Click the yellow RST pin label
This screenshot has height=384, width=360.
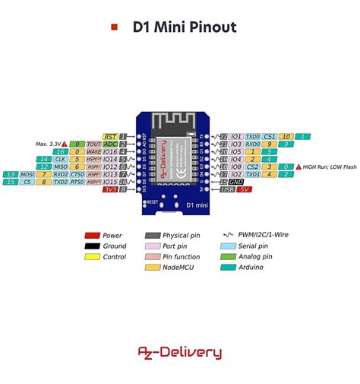[x=111, y=135]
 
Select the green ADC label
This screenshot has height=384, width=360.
[x=111, y=144]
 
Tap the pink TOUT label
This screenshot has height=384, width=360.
[x=93, y=144]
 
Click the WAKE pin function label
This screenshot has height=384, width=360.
[x=93, y=151]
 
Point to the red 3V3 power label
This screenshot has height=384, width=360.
[x=111, y=189]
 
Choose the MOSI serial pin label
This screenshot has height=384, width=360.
[x=28, y=174]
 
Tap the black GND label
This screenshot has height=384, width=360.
[x=236, y=182]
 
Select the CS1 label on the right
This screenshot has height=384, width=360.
[x=270, y=135]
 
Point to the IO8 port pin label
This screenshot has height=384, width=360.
[x=236, y=167]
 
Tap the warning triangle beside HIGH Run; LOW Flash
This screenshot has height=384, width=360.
[x=298, y=167]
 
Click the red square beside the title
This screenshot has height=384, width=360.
[x=115, y=27]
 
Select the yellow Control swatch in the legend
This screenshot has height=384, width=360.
[x=93, y=257]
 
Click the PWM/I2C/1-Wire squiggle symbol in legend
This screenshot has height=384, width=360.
[x=228, y=236]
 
